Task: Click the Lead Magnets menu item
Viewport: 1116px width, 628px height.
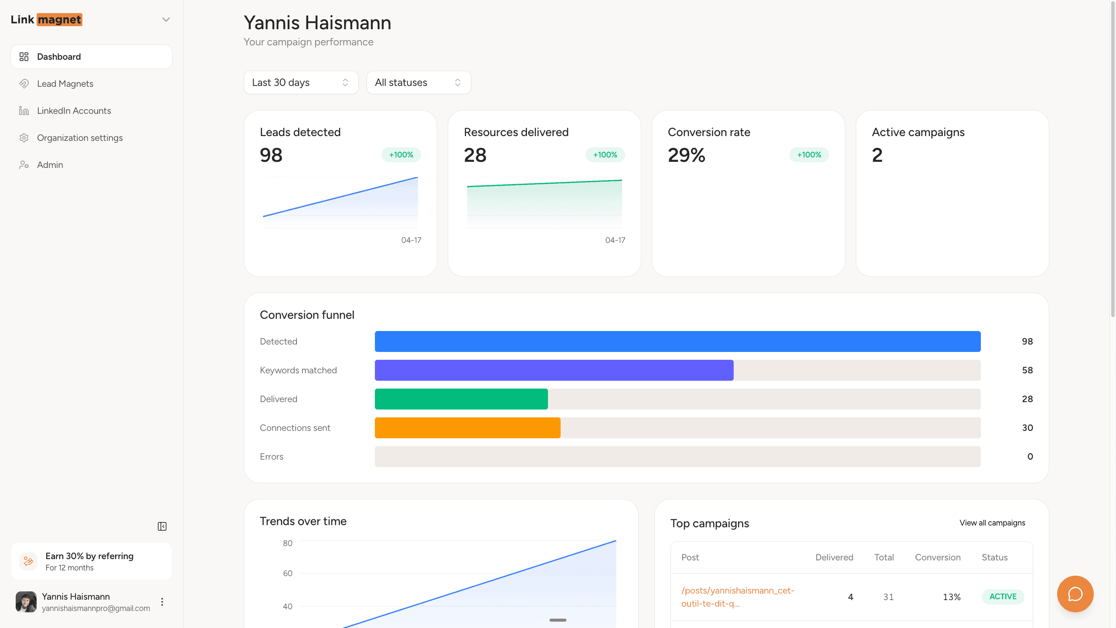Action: point(65,84)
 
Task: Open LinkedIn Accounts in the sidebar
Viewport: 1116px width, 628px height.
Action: point(74,111)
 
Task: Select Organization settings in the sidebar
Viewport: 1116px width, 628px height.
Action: point(80,138)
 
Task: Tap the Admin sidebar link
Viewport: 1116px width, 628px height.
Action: point(50,165)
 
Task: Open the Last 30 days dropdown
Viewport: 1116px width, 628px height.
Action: point(301,82)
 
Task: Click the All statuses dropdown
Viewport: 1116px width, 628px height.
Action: point(418,82)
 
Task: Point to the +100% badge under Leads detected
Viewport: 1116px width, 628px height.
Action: point(401,155)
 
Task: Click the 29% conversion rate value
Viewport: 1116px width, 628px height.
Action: point(686,155)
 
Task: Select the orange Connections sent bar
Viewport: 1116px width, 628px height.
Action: point(467,428)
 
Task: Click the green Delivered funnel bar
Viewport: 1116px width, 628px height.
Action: point(461,399)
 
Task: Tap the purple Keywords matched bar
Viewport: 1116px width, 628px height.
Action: point(554,370)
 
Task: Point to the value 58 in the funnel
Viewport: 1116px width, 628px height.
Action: point(1027,370)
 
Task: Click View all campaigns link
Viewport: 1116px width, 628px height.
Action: point(992,523)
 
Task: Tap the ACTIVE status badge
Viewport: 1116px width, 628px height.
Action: point(1003,597)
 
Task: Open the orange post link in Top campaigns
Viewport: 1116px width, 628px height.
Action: point(738,597)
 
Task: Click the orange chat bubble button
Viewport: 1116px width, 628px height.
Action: point(1075,594)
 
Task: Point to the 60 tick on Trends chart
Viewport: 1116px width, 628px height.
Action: point(287,573)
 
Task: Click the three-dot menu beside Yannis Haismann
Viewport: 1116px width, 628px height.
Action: point(162,602)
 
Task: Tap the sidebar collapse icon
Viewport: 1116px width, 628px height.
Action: point(162,526)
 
